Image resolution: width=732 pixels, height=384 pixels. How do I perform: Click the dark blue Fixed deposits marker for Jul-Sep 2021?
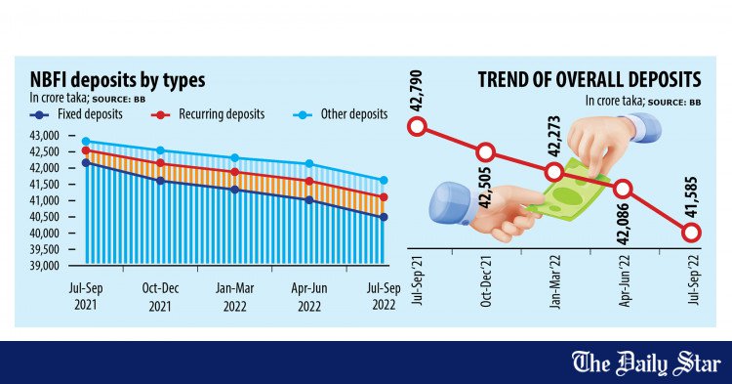[86, 163]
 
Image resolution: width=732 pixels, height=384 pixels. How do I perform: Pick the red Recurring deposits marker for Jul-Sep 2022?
[384, 197]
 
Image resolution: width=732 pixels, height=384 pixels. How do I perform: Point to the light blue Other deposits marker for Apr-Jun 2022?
[309, 163]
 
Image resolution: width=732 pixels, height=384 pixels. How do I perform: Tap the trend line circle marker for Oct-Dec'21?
[486, 151]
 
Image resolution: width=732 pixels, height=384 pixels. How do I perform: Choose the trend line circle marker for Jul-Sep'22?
[691, 233]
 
